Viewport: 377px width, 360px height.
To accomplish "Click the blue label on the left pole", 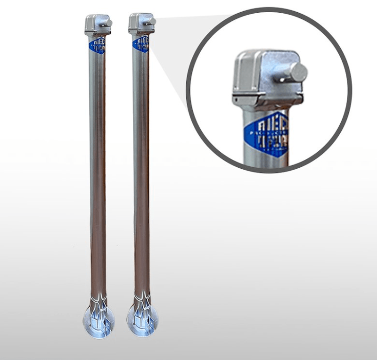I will coord(97,45).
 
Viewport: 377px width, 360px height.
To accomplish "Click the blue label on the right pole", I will coord(141,44).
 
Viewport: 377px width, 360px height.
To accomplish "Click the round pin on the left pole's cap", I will coord(108,23).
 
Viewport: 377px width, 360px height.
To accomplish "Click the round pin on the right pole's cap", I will coord(152,22).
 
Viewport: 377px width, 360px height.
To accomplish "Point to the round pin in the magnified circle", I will coord(298,73).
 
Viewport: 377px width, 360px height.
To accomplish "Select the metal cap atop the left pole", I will coord(96,25).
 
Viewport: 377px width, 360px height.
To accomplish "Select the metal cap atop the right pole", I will coord(139,24).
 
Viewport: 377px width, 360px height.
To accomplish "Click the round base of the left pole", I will coord(98,321).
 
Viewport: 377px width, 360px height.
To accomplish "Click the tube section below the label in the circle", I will coord(264,160).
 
